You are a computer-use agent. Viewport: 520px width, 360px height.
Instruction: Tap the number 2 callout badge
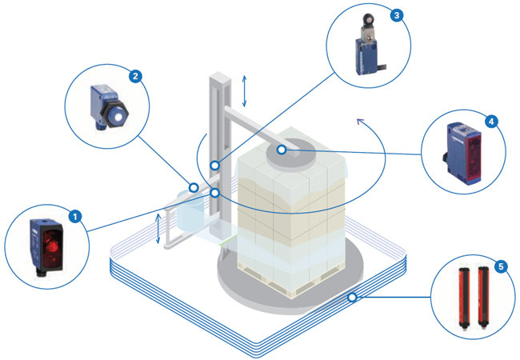tap(136, 77)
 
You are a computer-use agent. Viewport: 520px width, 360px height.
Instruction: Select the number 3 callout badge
tap(397, 14)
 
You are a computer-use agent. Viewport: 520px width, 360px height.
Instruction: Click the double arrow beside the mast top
tap(245, 90)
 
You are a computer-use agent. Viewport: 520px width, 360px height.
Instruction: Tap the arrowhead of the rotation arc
tap(360, 122)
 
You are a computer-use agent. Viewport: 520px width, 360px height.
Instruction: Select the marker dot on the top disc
tap(281, 150)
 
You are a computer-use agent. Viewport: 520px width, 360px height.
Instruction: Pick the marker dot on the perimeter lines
tap(351, 298)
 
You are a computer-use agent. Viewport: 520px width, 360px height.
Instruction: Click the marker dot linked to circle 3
tap(215, 166)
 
